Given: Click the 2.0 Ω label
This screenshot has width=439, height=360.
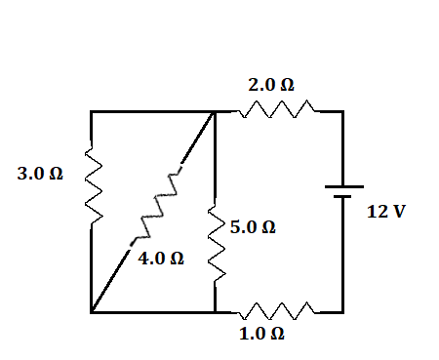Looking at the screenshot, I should click(x=271, y=86).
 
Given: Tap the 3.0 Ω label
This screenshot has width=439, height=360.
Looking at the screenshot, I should click(x=40, y=175).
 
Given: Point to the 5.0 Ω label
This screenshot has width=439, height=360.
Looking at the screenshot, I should click(x=253, y=227).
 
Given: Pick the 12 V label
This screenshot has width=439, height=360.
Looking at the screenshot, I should click(x=385, y=212).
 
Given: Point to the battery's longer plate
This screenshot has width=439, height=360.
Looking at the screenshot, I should click(x=342, y=186).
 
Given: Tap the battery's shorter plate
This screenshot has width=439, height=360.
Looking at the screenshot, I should click(x=342, y=196).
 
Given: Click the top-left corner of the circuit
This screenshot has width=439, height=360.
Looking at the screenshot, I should click(x=91, y=112).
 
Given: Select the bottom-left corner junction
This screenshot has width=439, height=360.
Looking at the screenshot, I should click(x=91, y=312).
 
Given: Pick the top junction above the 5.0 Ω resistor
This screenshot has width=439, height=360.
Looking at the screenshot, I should click(x=215, y=112).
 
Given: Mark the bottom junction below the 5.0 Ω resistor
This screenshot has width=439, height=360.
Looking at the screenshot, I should click(x=215, y=312).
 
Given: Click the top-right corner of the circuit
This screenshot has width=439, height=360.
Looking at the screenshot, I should click(x=342, y=112).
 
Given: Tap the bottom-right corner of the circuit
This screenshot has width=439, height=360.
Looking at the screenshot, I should click(x=342, y=312).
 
